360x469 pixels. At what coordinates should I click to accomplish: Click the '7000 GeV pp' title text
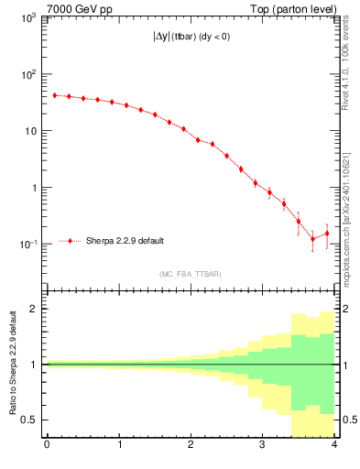[x=77, y=8]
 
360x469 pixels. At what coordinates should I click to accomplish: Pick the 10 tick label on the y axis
[x=32, y=131]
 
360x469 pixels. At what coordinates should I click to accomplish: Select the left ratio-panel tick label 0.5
[x=30, y=420]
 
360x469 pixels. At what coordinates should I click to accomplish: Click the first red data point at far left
[x=54, y=94]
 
